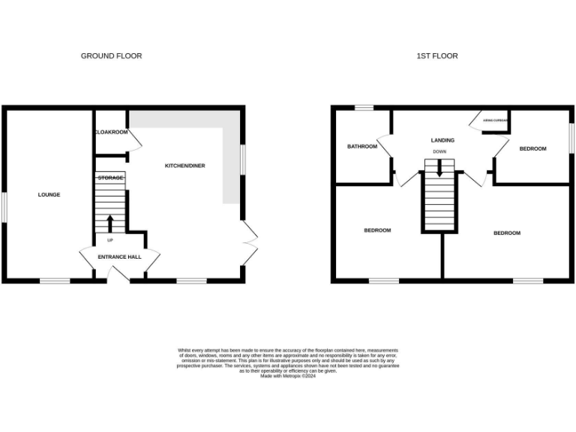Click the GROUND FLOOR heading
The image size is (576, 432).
point(111,56)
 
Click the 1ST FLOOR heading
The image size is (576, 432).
point(437,56)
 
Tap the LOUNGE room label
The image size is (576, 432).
point(49,195)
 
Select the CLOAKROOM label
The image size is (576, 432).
point(111,132)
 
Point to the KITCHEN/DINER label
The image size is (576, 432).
point(184,166)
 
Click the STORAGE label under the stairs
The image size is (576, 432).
point(110,178)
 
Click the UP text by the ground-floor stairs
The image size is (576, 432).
point(110,240)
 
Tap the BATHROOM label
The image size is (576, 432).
point(361,146)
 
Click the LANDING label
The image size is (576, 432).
point(442,140)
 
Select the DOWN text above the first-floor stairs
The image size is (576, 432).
point(439,152)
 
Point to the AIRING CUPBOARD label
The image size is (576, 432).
point(496,120)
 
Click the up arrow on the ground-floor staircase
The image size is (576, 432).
point(110,223)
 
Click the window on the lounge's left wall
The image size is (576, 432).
point(3,207)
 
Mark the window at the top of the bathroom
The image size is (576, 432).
point(364,108)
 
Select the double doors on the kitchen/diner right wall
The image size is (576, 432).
point(250,241)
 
